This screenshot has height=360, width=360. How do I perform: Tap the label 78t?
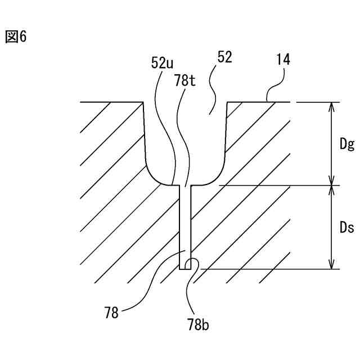click(185, 81)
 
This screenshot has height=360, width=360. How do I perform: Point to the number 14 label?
click(283, 60)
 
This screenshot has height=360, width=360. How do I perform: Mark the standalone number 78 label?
click(111, 313)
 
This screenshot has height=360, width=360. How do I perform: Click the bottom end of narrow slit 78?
click(185, 268)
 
